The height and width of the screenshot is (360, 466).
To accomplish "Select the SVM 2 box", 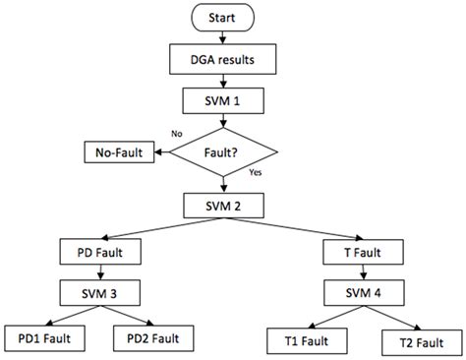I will (223, 206).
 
